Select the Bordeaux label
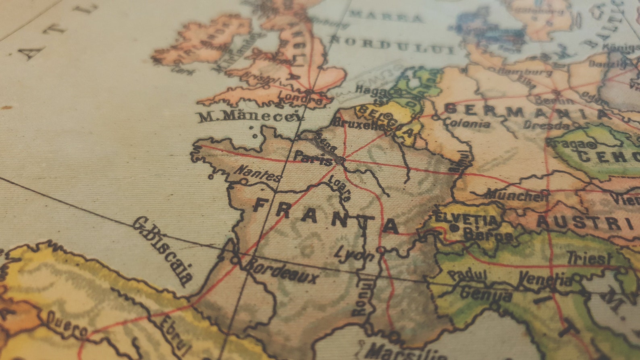pyautogui.click(x=282, y=271)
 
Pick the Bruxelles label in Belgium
pyautogui.click(x=359, y=125)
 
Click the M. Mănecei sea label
pyautogui.click(x=250, y=116)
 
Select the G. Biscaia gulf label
pyautogui.click(x=163, y=250)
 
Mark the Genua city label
pyautogui.click(x=486, y=293)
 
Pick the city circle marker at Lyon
pyautogui.click(x=380, y=250)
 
